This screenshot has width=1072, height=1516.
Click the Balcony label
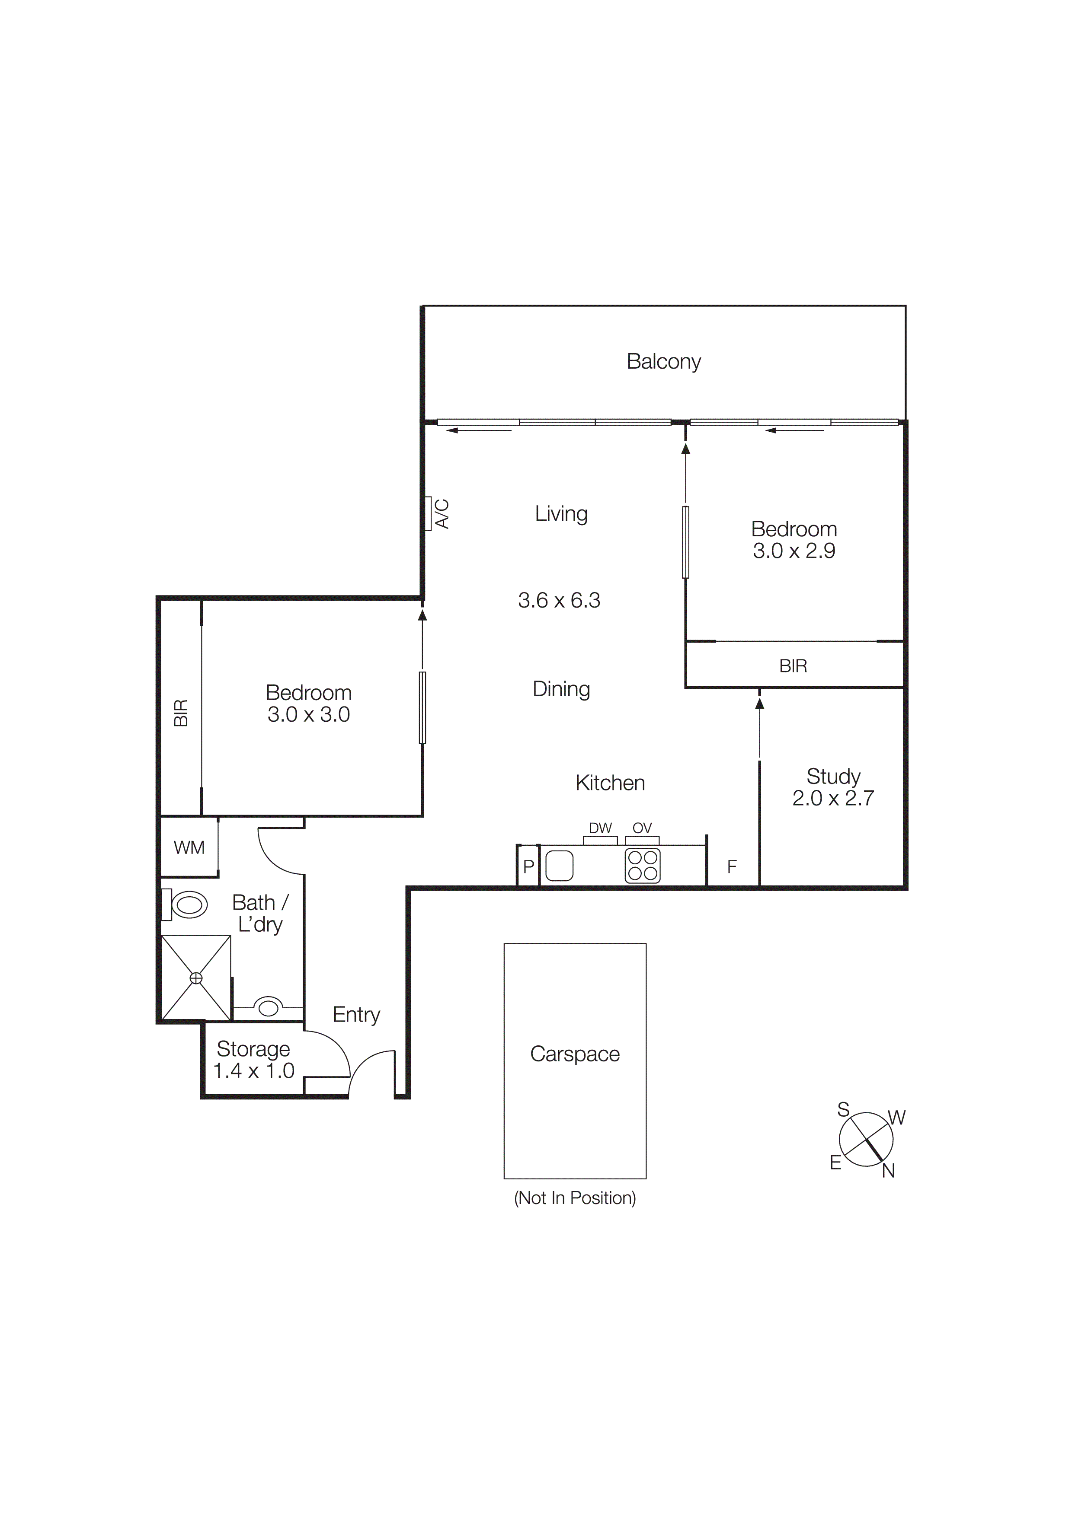[x=663, y=361]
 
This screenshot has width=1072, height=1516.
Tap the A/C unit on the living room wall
[x=429, y=514]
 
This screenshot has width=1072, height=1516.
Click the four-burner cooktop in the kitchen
[x=642, y=866]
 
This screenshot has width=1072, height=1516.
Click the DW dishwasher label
[x=600, y=828]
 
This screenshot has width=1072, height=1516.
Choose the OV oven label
[x=642, y=828]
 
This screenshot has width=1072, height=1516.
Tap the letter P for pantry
[x=528, y=867]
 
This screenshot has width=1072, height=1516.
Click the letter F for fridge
[x=732, y=867]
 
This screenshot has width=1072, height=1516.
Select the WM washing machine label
[x=189, y=848]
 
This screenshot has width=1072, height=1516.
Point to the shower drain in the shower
[x=196, y=978]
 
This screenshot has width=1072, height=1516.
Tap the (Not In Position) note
[x=575, y=1198]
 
